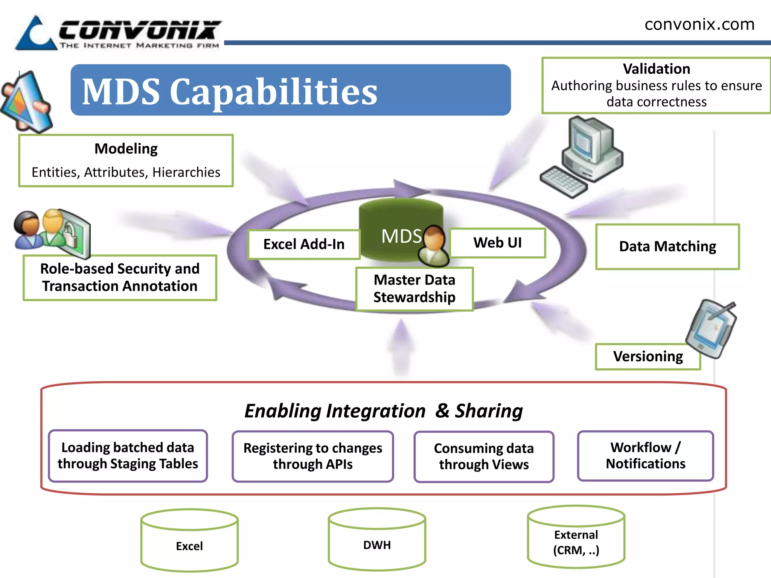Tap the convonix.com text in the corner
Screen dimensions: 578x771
point(699,24)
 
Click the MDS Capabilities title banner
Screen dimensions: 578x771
point(290,90)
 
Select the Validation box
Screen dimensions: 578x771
point(656,85)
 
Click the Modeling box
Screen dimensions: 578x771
point(126,161)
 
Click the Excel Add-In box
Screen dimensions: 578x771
point(304,244)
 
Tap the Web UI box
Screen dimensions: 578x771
point(497,243)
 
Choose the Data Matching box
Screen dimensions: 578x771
point(667,246)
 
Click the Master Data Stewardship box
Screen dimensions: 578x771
point(414,289)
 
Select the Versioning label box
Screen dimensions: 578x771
point(648,356)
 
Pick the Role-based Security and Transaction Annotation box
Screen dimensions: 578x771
point(120,278)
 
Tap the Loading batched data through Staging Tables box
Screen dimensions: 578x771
point(128,455)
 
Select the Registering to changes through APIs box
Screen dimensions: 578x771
point(312,456)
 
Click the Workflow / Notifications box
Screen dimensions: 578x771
point(645,455)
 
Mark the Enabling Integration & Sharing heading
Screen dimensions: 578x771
point(383,411)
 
